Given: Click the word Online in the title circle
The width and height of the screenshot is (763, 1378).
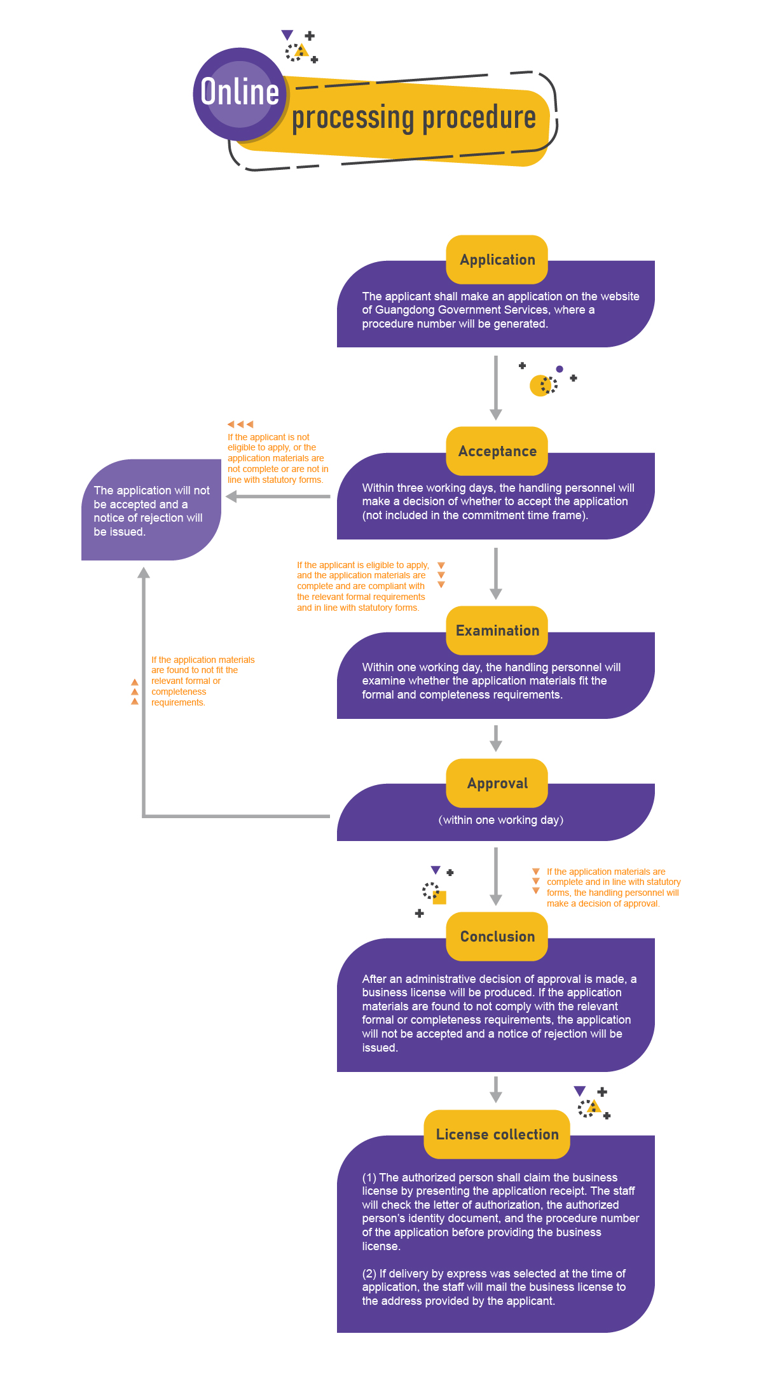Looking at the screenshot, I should coord(240,92).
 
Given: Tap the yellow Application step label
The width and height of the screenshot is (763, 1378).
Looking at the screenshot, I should coord(497,260).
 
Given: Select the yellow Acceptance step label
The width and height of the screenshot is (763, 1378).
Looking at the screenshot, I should coord(497,451).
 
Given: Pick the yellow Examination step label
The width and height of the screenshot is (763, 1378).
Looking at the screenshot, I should coord(497,630).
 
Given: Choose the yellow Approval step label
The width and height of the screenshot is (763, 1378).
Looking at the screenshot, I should coord(497,783).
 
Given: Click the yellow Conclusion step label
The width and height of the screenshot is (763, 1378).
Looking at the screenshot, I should coord(497,936).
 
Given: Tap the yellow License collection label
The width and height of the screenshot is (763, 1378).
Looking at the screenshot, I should coord(497,1134).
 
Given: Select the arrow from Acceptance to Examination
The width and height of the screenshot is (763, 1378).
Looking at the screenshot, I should coord(496,573).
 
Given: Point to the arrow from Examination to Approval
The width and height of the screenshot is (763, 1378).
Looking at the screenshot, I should coord(496,738).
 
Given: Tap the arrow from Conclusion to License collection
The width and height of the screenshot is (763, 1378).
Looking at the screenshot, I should coord(496,1089).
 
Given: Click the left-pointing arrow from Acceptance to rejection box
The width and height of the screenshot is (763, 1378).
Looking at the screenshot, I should coord(278,496).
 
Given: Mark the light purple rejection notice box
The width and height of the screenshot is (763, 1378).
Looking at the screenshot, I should coord(151,510).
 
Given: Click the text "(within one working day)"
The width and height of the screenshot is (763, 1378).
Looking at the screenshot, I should coord(501,820).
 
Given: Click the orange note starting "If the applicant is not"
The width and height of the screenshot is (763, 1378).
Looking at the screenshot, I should coord(278,458).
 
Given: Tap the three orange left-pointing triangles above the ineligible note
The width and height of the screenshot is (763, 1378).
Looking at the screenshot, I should coord(240,424).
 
